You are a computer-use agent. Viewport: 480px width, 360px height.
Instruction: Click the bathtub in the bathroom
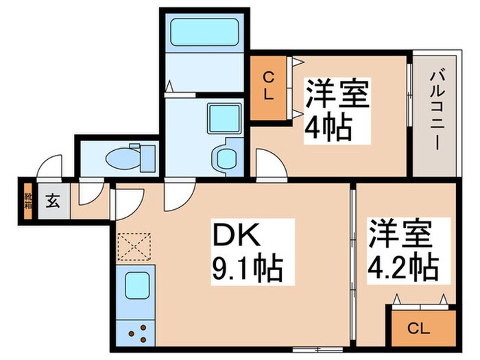pos(204,32)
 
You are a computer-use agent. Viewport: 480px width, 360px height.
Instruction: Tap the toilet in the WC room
pos(123,157)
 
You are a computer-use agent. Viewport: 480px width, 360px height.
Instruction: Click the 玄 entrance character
pos(53,202)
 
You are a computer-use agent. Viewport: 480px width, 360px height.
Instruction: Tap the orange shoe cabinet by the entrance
pos(28,201)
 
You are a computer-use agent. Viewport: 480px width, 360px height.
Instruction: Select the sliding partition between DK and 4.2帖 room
pos(352,267)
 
